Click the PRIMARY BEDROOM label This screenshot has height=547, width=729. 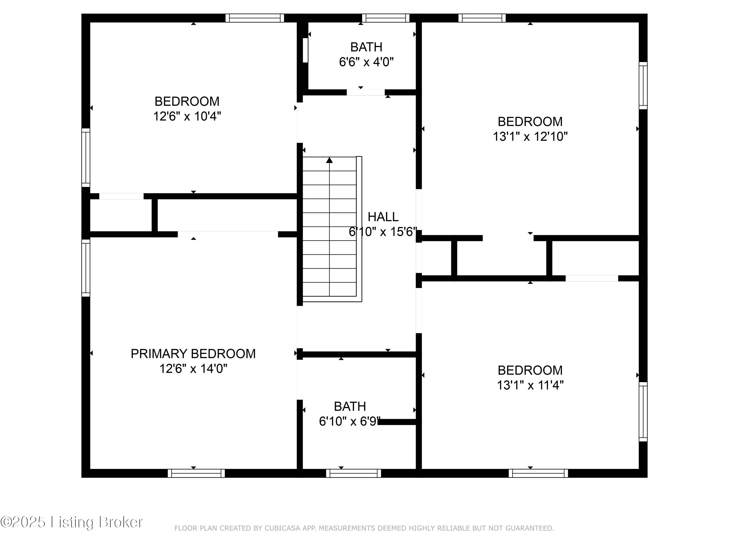[193, 354]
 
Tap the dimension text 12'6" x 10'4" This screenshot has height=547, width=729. [187, 116]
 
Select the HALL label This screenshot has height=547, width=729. [383, 217]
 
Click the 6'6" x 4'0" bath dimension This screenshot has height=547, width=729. [366, 62]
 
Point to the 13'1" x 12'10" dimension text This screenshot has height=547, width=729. [530, 136]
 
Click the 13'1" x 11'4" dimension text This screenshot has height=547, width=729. [530, 385]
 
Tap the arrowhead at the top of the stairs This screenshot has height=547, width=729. [329, 160]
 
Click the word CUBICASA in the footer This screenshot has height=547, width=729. [282, 529]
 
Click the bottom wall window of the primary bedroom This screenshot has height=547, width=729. [196, 473]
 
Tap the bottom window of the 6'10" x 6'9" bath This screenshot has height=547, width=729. [354, 473]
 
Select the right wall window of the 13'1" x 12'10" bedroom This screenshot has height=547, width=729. [643, 86]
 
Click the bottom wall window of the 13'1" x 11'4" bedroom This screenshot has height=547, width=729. [538, 473]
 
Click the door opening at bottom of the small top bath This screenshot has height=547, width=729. [365, 92]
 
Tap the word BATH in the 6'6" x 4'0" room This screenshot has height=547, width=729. [366, 47]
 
